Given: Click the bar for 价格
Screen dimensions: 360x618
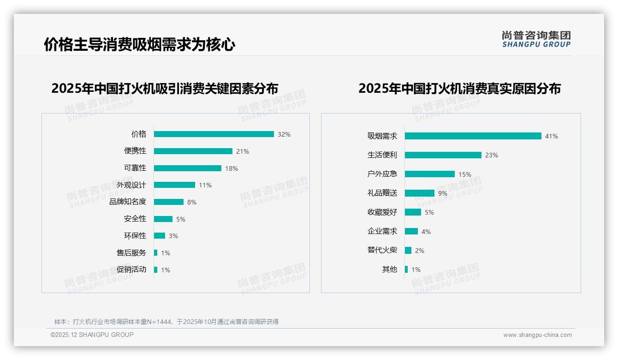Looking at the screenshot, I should (x=214, y=134).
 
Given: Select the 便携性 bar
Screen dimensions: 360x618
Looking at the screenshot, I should (x=193, y=151).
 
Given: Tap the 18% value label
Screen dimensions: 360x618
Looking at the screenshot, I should (x=232, y=168).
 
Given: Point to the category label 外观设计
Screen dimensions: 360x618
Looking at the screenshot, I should (x=131, y=185).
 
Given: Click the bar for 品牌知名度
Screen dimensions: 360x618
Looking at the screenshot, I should (x=168, y=202).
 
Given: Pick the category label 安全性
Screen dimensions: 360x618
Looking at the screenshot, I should (x=135, y=219).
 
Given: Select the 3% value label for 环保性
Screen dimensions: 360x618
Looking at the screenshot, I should (x=173, y=236).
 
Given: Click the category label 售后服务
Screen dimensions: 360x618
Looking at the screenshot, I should (x=131, y=253).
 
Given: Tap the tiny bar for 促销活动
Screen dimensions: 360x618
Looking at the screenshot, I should (x=155, y=270).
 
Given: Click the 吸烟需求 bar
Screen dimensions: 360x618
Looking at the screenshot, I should (x=473, y=136).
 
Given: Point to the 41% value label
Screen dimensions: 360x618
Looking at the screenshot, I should (x=552, y=136).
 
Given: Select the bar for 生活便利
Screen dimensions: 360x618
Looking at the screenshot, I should (x=443, y=155).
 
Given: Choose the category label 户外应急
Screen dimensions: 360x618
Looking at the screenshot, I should (x=382, y=174).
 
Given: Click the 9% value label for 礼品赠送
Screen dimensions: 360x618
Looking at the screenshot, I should (x=443, y=193).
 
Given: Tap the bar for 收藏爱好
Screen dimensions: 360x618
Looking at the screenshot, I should (x=413, y=212).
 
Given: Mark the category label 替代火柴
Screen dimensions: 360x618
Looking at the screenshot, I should (x=382, y=250).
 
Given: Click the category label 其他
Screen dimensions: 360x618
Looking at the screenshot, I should (x=390, y=269).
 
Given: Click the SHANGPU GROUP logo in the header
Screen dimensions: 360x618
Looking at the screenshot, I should (x=536, y=39).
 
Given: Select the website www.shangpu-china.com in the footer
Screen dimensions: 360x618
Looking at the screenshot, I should (x=537, y=335).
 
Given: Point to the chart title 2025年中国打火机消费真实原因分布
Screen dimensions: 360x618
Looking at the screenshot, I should (x=459, y=89).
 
